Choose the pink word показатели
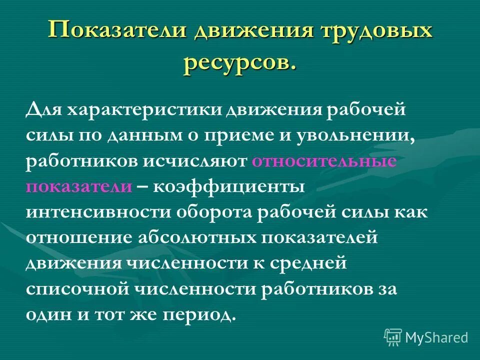(x=79, y=187)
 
